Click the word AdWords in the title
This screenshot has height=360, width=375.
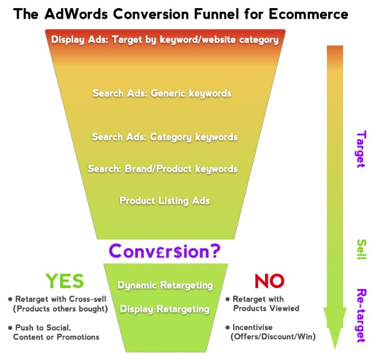coord(76,13)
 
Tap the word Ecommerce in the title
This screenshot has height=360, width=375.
coord(308,14)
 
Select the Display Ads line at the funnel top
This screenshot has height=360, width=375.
coord(165,40)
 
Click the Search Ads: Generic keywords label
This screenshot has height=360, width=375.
coord(162,93)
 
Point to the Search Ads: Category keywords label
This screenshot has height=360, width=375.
coord(165,137)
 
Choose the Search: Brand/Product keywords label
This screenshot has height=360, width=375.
coord(162,169)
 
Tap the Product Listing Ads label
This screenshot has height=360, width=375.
coord(164,201)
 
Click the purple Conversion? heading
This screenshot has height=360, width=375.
coord(164,251)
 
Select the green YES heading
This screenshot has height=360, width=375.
coord(64,281)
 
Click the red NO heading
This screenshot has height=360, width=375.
coord(269,281)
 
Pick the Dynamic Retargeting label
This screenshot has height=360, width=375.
coord(165,286)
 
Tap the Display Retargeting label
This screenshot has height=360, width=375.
coord(165,309)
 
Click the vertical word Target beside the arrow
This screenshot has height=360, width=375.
coord(361,149)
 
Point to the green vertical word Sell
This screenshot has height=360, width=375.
coord(361,249)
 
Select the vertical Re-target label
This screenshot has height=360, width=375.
coord(361,316)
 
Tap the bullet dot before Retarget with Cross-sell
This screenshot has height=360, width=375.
coord(10,299)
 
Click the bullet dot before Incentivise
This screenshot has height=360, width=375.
coord(227,327)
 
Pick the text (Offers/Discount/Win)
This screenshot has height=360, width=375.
coord(273,336)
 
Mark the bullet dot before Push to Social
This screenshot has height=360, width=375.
coord(10,327)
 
